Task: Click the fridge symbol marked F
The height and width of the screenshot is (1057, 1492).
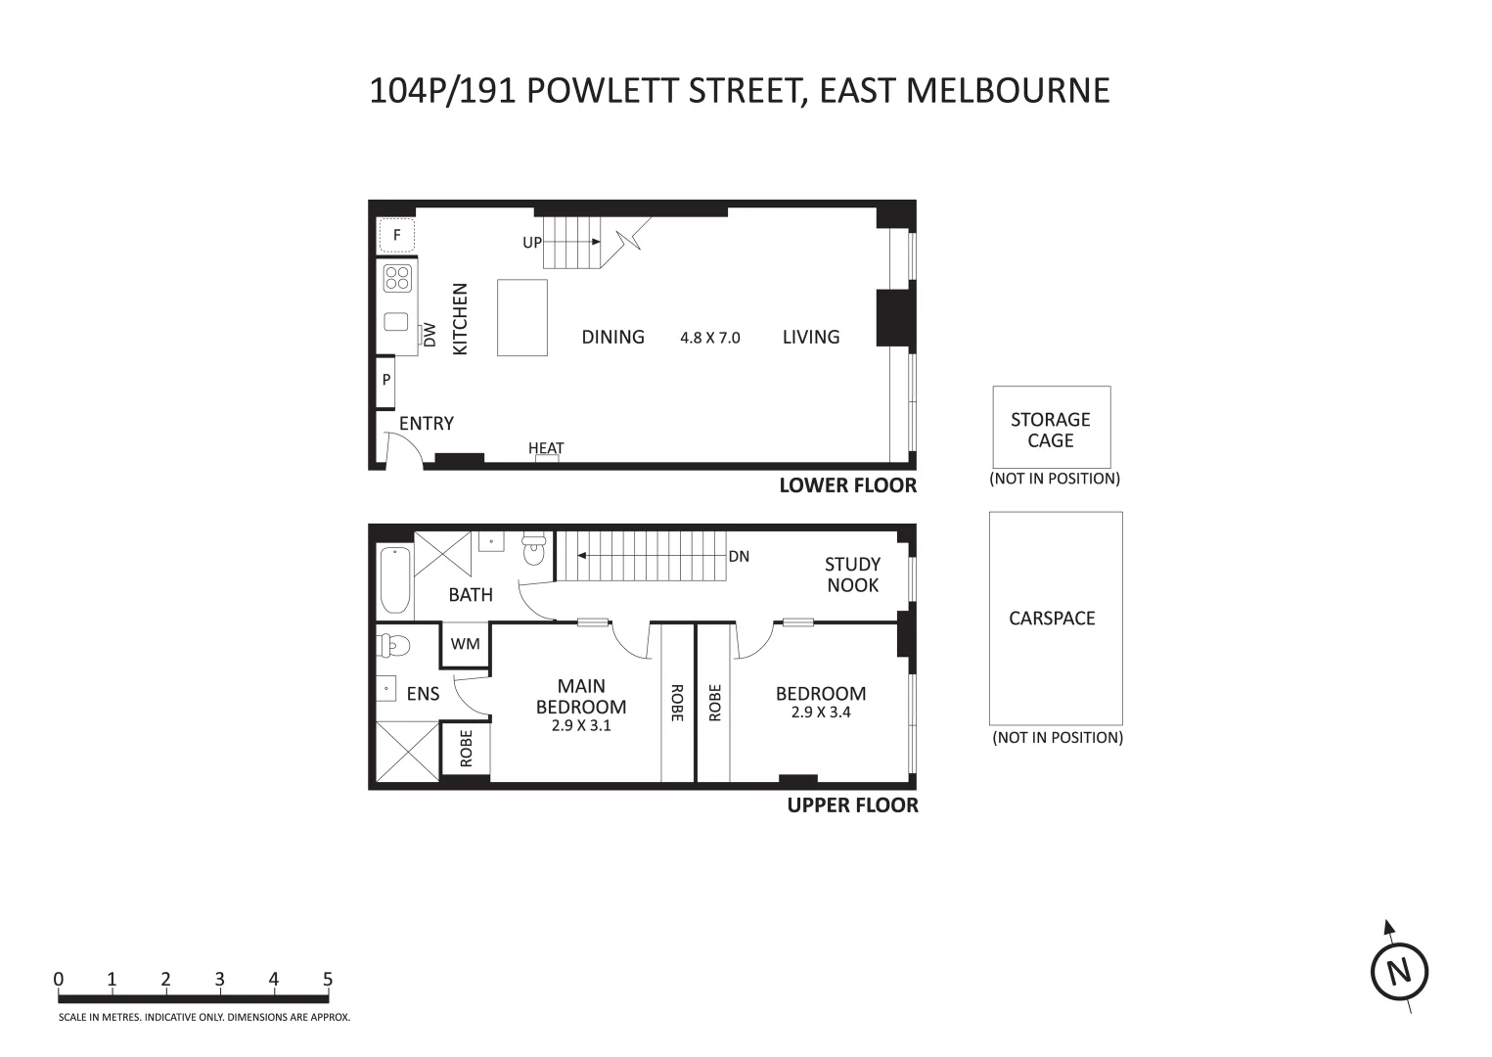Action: tap(396, 235)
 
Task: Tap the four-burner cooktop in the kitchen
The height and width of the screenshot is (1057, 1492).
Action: tap(396, 278)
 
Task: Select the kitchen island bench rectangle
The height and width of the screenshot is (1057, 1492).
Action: tap(522, 317)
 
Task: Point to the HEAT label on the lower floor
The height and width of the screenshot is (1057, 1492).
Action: tap(546, 448)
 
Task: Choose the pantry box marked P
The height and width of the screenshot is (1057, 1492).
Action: tap(386, 381)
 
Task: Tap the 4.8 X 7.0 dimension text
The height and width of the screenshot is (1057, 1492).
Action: tap(710, 338)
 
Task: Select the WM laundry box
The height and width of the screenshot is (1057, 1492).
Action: tap(466, 644)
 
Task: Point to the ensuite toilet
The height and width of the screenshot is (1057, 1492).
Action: tap(393, 644)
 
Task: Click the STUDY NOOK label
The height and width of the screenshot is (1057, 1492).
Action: tap(852, 574)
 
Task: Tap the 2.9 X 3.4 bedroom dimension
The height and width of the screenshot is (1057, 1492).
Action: tap(821, 712)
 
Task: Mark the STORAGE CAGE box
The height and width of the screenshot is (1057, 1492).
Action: tap(1051, 428)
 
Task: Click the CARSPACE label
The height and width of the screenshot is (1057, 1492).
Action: tap(1052, 619)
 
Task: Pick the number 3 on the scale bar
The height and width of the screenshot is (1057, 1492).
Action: tap(220, 980)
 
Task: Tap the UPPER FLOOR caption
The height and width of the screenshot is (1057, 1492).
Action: tap(852, 805)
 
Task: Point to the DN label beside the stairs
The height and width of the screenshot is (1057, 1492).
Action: tap(739, 556)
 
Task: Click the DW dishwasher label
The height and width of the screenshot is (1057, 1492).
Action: tap(429, 336)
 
